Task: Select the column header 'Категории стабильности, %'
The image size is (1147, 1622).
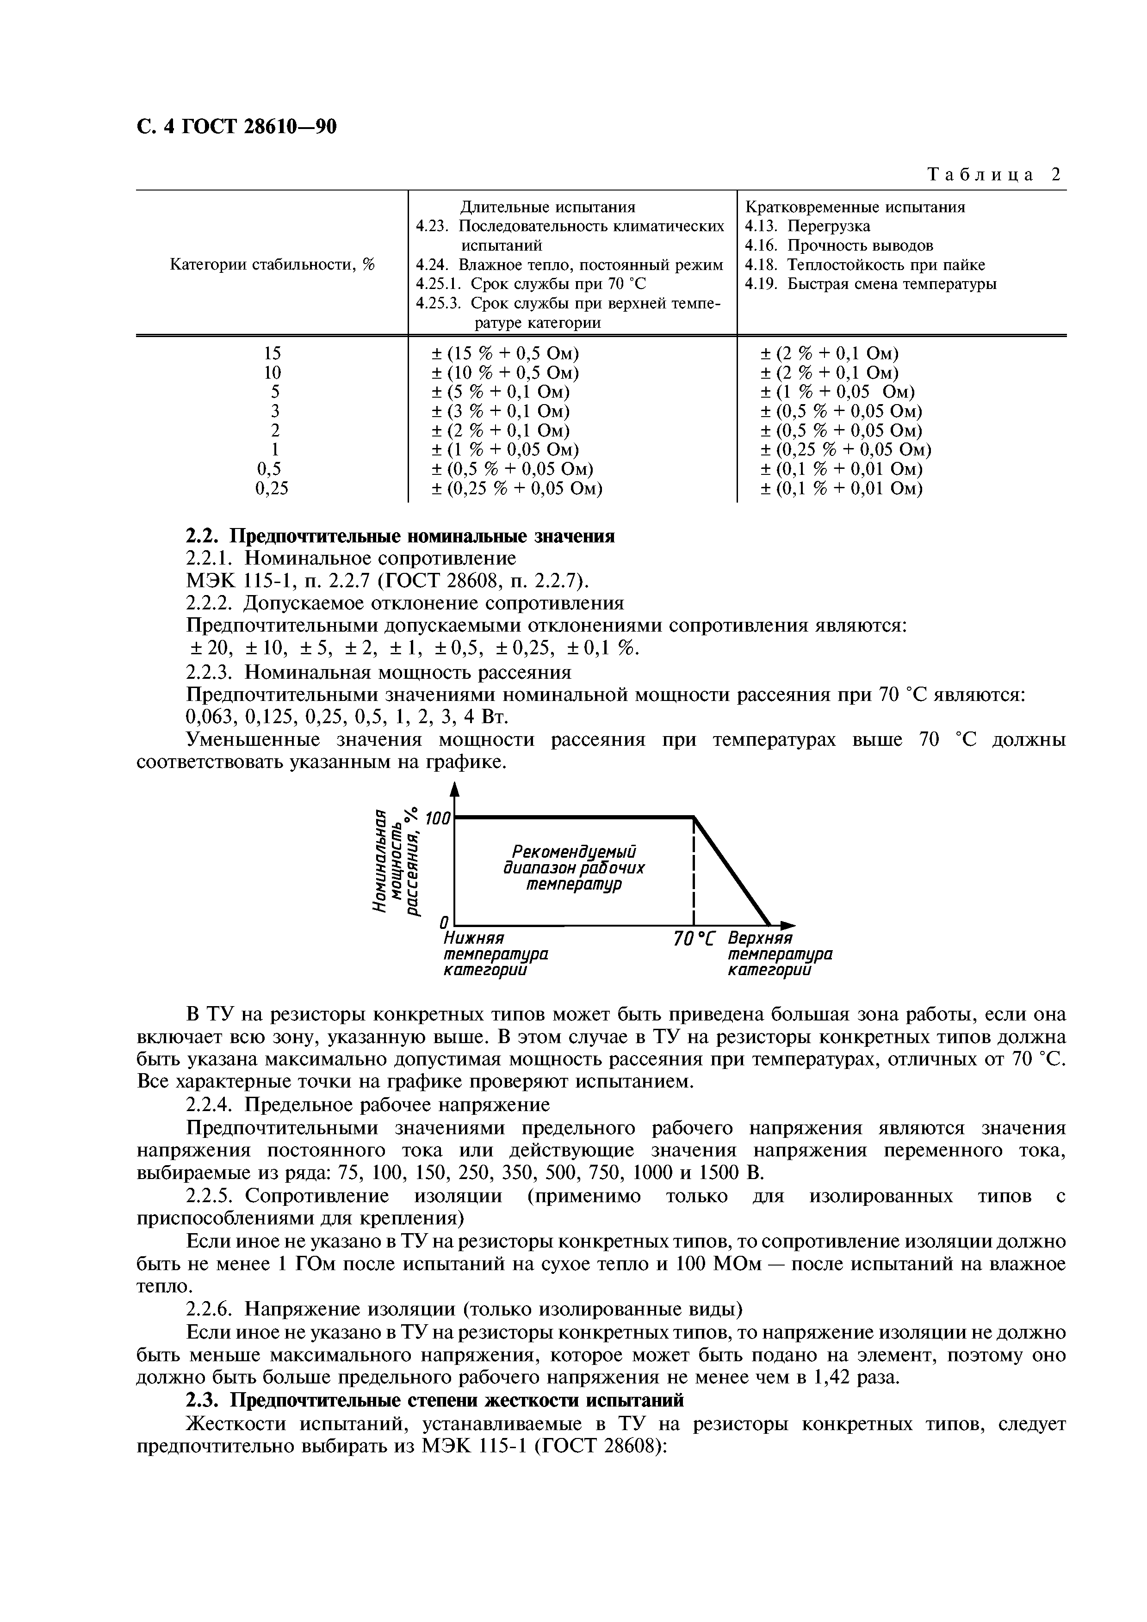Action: (x=272, y=264)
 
